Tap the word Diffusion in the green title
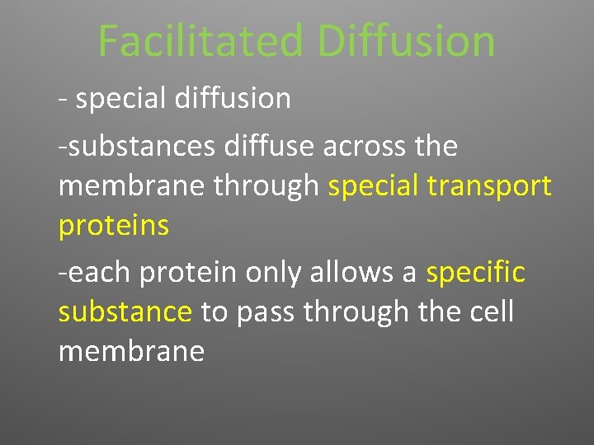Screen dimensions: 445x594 406,40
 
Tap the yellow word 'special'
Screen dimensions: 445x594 375,187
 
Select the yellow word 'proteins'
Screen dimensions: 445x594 113,226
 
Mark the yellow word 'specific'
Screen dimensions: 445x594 475,272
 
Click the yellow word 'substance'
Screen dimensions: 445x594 125,311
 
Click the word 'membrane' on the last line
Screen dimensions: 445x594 131,351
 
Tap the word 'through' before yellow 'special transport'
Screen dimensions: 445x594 266,187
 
